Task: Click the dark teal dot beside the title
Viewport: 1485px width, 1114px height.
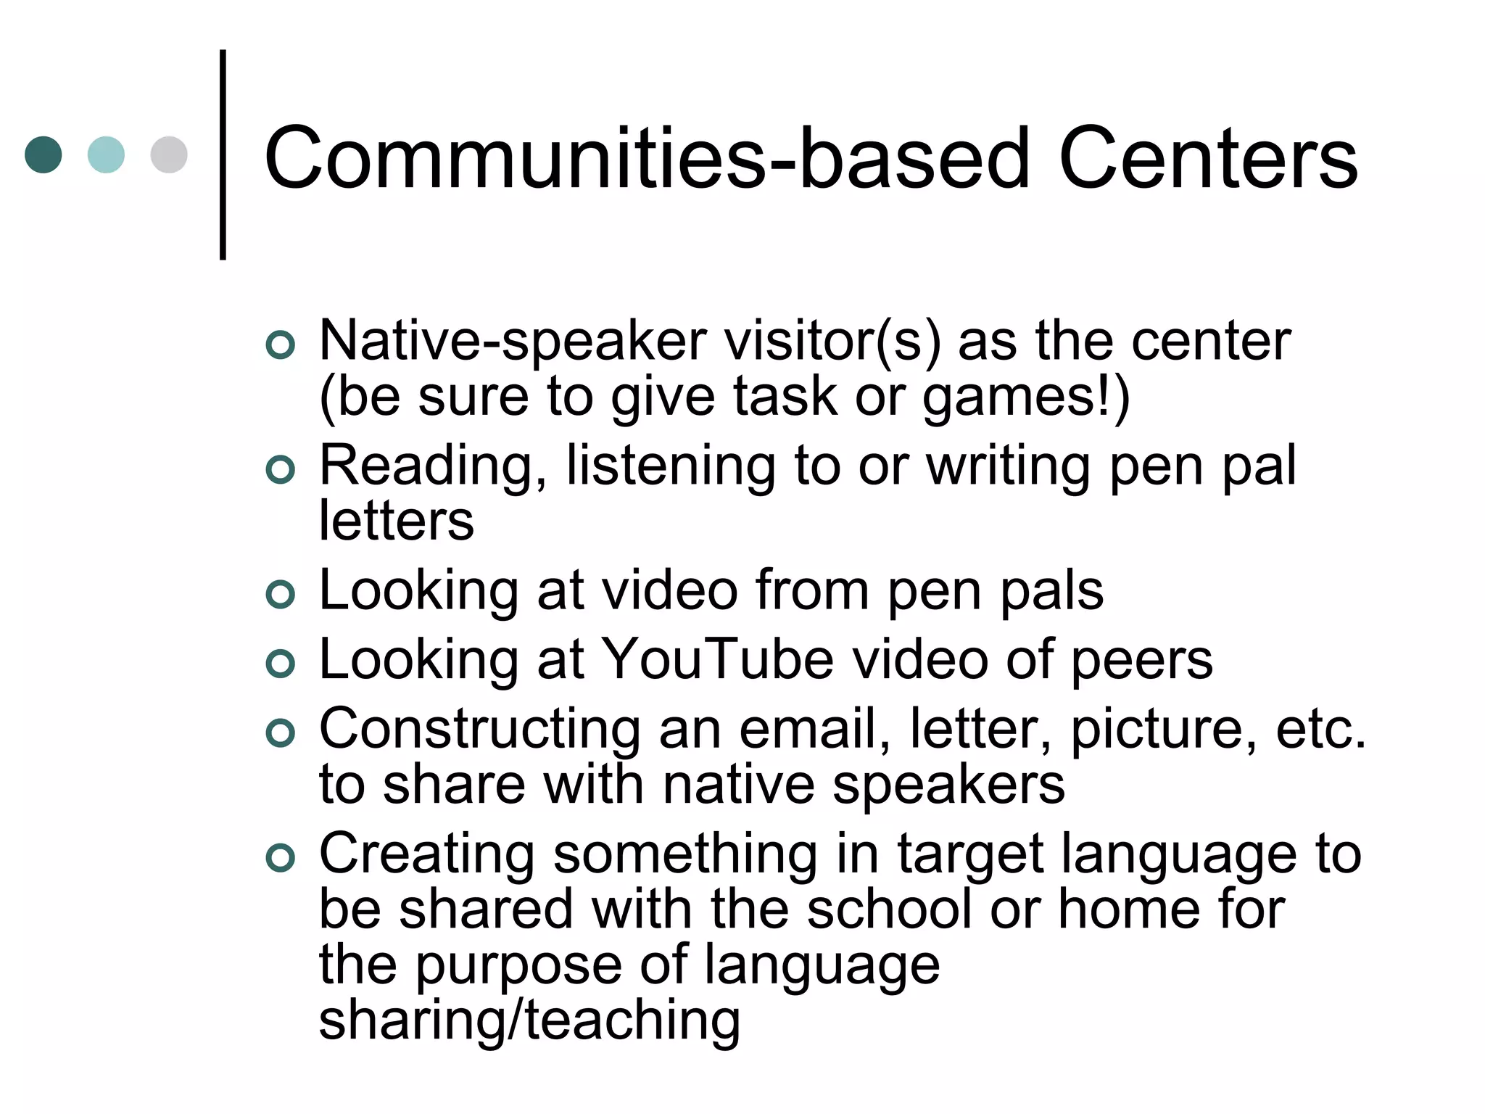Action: (x=44, y=154)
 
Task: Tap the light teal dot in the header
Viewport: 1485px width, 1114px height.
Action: (x=106, y=154)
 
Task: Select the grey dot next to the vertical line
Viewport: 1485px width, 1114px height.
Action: (x=169, y=154)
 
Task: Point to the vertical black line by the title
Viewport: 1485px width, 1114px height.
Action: (x=223, y=154)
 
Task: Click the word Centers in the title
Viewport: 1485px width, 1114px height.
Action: (x=1208, y=158)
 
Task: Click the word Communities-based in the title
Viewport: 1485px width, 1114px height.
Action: (x=646, y=158)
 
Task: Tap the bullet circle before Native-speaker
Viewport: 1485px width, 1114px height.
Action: (x=281, y=344)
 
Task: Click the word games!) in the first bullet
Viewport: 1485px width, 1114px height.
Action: (x=1025, y=397)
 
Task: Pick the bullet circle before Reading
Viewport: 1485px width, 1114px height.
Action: (x=281, y=469)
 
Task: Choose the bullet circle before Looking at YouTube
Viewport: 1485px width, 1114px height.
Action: (x=281, y=664)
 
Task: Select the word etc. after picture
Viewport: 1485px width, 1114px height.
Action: (x=1320, y=728)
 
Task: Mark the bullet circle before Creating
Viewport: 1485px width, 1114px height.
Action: (x=281, y=858)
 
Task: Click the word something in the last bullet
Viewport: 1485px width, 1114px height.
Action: (x=685, y=854)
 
